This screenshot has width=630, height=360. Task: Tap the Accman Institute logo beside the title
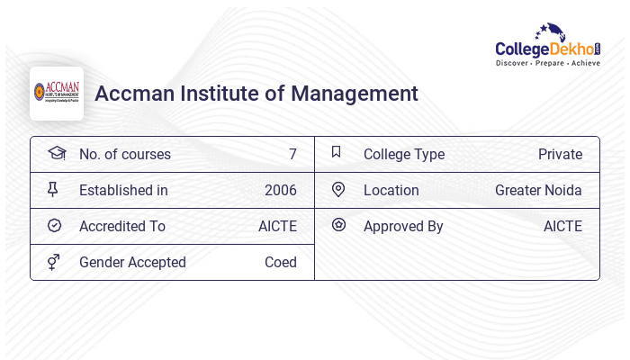(x=57, y=93)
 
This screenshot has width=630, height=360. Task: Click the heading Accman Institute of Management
(x=256, y=94)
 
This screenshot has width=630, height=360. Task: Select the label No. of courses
(x=125, y=155)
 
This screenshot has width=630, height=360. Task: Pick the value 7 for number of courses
(x=292, y=155)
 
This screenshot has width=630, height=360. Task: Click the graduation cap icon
(x=56, y=153)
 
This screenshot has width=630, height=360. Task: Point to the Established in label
(x=123, y=191)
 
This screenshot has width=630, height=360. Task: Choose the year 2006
(x=280, y=191)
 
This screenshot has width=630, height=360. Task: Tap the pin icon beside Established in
(x=53, y=190)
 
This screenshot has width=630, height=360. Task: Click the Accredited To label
(x=122, y=227)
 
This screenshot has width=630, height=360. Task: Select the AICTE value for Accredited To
(x=277, y=227)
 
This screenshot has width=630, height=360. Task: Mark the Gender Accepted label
(x=132, y=263)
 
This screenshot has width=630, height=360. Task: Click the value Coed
(x=280, y=263)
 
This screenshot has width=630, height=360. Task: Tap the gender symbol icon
(x=53, y=262)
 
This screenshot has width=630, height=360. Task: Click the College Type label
(x=404, y=155)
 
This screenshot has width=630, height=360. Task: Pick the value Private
(x=560, y=155)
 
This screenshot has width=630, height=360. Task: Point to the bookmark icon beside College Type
(x=336, y=152)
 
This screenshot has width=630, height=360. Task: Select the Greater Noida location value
(x=538, y=191)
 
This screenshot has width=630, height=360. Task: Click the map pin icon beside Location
(x=338, y=189)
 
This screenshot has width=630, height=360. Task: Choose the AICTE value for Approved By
(x=562, y=227)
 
